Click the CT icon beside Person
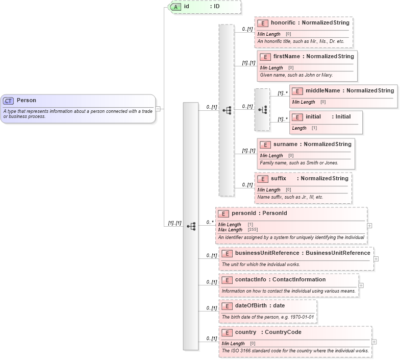(x=9, y=101)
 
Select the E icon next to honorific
(x=263, y=23)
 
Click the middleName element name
(x=322, y=90)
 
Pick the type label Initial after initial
(x=343, y=116)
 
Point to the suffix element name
(x=279, y=178)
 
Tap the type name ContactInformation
(x=299, y=279)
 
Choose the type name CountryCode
(x=283, y=332)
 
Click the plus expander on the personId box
(x=369, y=225)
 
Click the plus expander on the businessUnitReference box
(x=376, y=259)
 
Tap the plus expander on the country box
(x=374, y=342)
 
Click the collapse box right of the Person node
(x=158, y=108)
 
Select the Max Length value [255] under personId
(x=253, y=230)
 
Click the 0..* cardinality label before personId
(x=209, y=222)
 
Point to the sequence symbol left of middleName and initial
(x=262, y=110)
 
